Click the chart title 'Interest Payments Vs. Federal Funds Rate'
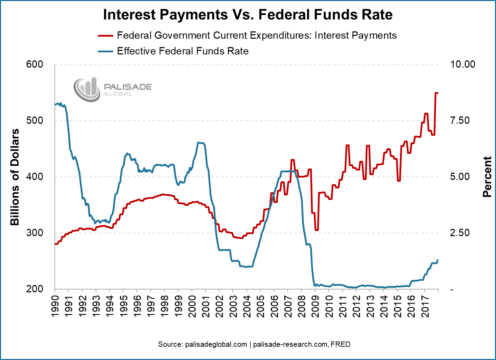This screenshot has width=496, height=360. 248,15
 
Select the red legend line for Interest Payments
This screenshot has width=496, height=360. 105,36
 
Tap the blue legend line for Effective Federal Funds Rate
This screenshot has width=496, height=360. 105,51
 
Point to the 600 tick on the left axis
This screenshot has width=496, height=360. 35,65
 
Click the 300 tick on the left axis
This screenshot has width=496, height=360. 35,233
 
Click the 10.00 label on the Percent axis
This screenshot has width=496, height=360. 463,65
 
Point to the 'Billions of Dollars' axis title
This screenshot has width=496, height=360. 15,177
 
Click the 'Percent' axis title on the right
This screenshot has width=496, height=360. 487,177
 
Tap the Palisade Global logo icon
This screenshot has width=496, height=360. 87,89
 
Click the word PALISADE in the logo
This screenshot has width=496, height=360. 128,87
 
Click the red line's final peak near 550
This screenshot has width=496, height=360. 437,93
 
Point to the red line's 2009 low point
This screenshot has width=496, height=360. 316,230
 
